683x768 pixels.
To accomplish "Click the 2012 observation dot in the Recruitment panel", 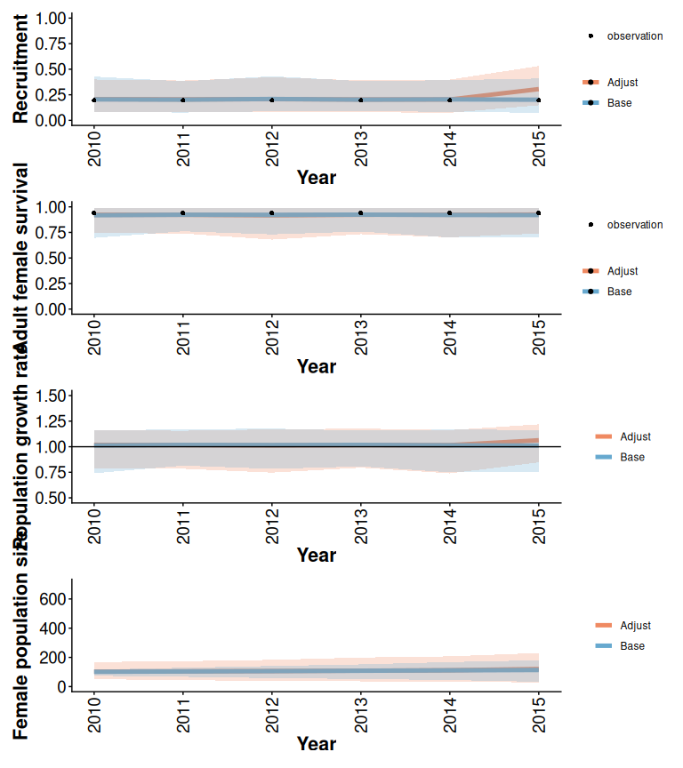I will pyautogui.click(x=271, y=100).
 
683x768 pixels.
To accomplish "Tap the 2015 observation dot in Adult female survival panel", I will pyautogui.click(x=538, y=213).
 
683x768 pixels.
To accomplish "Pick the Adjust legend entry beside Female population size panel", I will pyautogui.click(x=622, y=626).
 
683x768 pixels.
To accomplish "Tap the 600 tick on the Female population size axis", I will pyautogui.click(x=52, y=599).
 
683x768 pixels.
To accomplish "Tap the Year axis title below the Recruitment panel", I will pyautogui.click(x=316, y=178).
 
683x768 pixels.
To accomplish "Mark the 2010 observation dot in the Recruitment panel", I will pyautogui.click(x=93, y=100).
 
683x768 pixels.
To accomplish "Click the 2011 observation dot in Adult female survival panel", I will pyautogui.click(x=182, y=213).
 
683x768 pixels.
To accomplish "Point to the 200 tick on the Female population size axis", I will pyautogui.click(x=52, y=658).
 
